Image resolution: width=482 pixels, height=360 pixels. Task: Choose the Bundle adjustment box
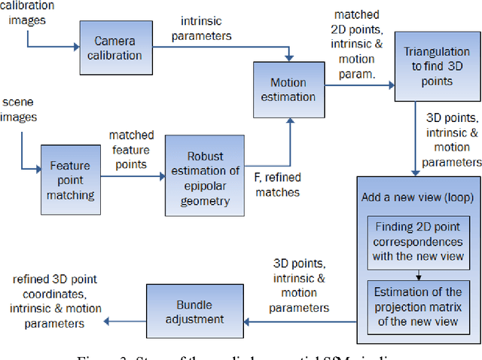point(185,312)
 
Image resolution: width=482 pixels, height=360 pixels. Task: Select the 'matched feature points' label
point(131,149)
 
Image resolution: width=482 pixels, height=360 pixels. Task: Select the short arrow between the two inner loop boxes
point(418,274)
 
